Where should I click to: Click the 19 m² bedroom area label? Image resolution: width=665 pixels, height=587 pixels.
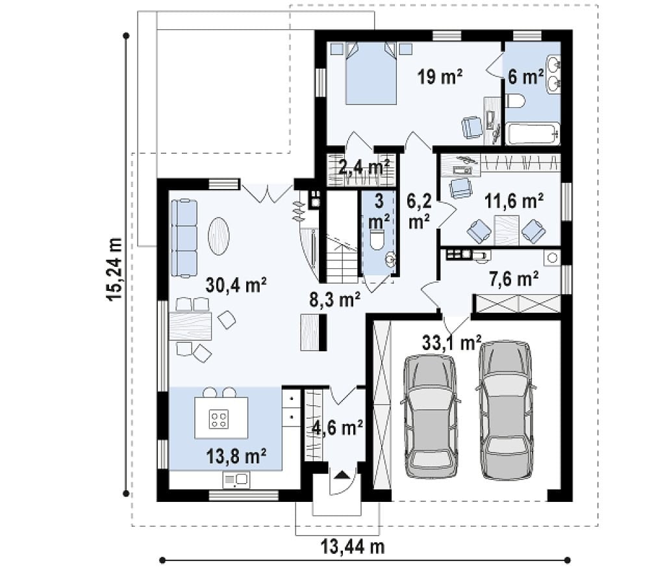pyautogui.click(x=440, y=77)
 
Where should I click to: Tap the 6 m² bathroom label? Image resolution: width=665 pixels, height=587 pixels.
pyautogui.click(x=526, y=77)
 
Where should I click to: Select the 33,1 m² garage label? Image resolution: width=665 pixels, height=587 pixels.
pyautogui.click(x=452, y=342)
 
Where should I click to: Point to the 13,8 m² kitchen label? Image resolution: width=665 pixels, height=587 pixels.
pyautogui.click(x=236, y=456)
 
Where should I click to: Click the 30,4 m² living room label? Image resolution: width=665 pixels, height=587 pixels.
pyautogui.click(x=236, y=285)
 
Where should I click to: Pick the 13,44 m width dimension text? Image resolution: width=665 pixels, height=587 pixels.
pyautogui.click(x=352, y=547)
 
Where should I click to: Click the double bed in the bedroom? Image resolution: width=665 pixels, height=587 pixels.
pyautogui.click(x=371, y=73)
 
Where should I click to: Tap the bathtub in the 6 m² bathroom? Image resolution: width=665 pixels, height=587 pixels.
pyautogui.click(x=533, y=134)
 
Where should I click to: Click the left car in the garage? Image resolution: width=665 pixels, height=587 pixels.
pyautogui.click(x=431, y=416)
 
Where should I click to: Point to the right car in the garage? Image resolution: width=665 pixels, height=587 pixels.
pyautogui.click(x=505, y=410)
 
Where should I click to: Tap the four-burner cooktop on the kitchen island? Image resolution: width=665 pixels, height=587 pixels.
pyautogui.click(x=219, y=419)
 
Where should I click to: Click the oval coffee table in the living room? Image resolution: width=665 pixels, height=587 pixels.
pyautogui.click(x=218, y=236)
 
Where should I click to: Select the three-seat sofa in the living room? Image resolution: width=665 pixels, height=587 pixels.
pyautogui.click(x=184, y=238)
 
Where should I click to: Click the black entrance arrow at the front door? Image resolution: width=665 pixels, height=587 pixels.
pyautogui.click(x=342, y=475)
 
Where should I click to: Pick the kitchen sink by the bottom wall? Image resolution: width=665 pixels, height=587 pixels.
pyautogui.click(x=236, y=481)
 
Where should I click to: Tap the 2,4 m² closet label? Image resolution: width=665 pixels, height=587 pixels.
pyautogui.click(x=364, y=167)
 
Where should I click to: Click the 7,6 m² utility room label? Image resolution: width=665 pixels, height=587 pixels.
pyautogui.click(x=514, y=279)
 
